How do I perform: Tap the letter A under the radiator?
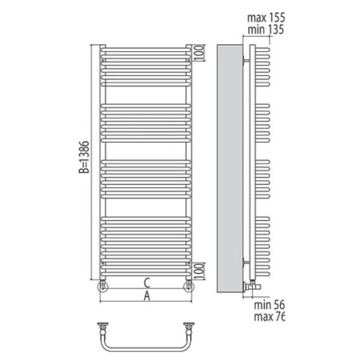pyautogui.click(x=145, y=296)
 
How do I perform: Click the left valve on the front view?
pyautogui.click(x=102, y=285)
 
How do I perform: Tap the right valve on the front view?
pyautogui.click(x=189, y=285)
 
